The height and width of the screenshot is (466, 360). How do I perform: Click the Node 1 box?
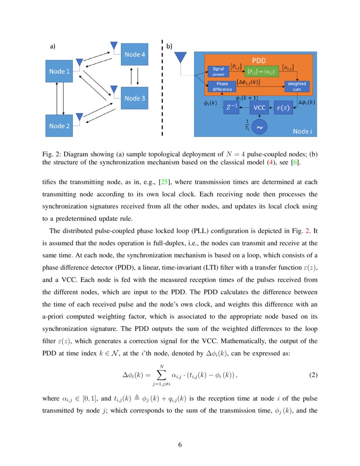click(60, 72)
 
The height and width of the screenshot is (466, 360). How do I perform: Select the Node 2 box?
click(60, 126)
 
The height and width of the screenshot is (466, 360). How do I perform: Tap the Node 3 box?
click(134, 98)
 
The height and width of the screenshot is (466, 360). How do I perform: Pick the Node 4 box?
click(134, 54)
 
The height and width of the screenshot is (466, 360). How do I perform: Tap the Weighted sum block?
click(296, 86)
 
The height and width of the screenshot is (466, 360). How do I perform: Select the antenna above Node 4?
click(114, 45)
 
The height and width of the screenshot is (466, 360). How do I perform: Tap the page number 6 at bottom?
click(180, 445)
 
